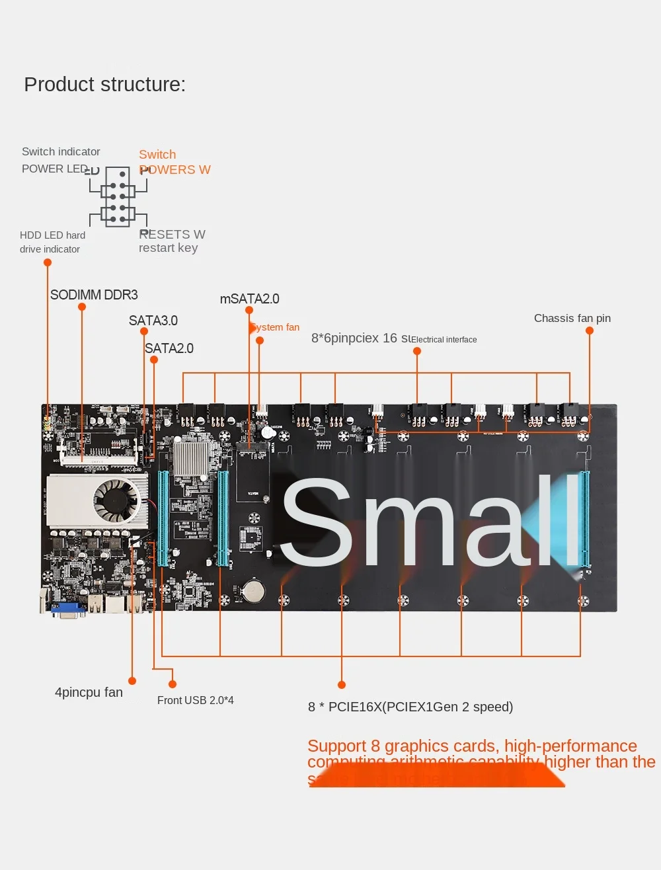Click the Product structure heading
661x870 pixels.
(104, 85)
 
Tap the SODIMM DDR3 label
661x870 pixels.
(94, 295)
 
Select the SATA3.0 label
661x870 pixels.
(153, 321)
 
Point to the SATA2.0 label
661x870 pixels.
(169, 348)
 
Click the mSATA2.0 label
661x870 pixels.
(249, 299)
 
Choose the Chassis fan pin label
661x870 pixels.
(572, 318)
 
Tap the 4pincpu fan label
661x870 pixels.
(89, 692)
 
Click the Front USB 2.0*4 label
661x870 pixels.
(196, 700)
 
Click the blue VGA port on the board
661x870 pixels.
(68, 610)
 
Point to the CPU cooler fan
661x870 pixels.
(117, 500)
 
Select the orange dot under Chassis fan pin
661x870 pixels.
(590, 331)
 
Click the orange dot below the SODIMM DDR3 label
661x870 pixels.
(82, 307)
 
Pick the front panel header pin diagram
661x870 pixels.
(118, 197)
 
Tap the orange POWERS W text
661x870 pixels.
(175, 170)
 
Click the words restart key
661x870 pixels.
(168, 248)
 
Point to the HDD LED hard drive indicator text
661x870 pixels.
(52, 242)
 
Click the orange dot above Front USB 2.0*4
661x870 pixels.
(173, 684)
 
